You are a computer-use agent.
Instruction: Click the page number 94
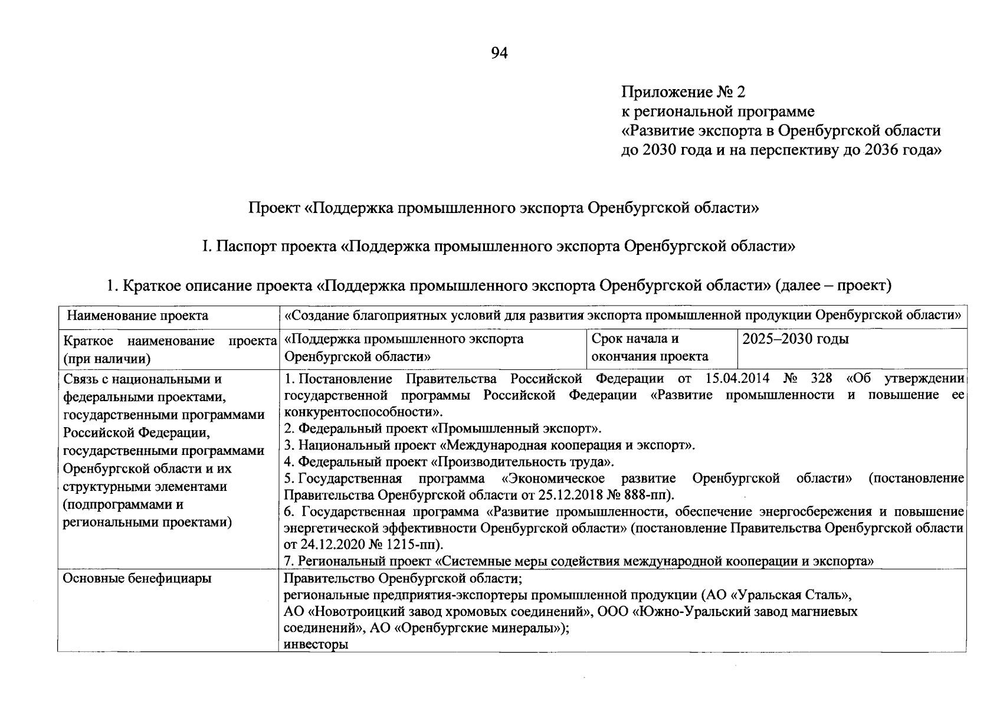499,54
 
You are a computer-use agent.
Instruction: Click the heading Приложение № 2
683,92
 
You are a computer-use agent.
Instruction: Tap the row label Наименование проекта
137,316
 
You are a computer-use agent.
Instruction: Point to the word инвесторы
316,644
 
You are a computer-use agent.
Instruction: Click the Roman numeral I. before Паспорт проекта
205,247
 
